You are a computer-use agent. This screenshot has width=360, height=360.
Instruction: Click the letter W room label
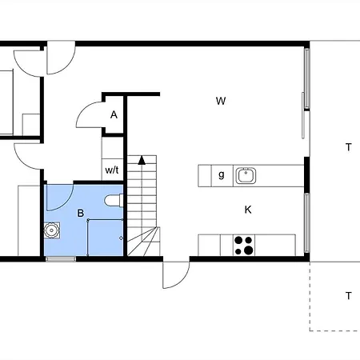(221, 101)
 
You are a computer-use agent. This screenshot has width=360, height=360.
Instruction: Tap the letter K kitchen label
(248, 210)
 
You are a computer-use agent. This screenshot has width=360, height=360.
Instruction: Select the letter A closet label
(114, 114)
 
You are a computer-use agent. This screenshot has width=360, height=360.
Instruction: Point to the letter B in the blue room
(80, 213)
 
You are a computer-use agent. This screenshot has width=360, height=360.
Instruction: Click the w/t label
(112, 170)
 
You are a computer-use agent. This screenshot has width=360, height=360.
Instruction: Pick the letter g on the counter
(222, 175)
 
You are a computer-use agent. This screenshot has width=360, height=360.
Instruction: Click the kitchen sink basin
(246, 175)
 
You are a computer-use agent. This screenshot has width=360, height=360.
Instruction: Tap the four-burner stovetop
(244, 246)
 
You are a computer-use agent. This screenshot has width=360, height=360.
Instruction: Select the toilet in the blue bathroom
(114, 201)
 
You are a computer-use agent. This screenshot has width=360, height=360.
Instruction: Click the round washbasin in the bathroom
(52, 230)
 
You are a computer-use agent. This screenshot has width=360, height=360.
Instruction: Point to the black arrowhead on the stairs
(142, 160)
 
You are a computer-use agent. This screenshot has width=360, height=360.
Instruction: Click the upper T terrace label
(348, 147)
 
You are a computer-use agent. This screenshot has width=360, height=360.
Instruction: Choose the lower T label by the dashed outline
(348, 296)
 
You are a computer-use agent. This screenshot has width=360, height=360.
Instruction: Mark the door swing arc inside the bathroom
(66, 203)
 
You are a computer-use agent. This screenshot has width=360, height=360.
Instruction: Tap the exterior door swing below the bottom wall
(183, 281)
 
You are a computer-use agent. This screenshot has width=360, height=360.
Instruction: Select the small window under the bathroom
(61, 259)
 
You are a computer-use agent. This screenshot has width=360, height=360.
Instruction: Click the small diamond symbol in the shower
(121, 238)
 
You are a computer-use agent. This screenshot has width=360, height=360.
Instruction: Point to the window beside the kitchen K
(307, 222)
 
